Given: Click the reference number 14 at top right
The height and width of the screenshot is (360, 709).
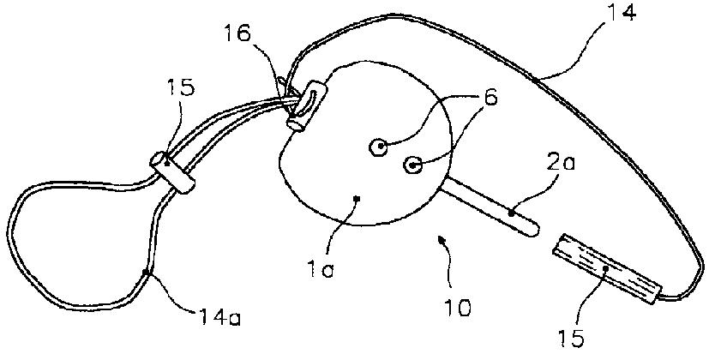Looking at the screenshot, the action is pos(621,14).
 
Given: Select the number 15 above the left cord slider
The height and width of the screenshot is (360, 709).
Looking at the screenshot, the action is pos(180,87).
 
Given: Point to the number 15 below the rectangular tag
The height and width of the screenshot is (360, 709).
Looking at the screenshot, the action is pos(571,338).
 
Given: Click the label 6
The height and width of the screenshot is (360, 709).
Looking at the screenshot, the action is pos(490,97).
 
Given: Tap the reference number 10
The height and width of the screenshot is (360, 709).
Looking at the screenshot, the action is pos(457,308).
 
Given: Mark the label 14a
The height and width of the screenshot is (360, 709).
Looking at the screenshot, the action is pos(219,316).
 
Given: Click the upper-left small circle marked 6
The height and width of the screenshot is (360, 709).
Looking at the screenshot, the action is pos(378,147).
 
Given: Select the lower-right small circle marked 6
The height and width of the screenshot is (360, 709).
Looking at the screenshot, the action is pos(412,165).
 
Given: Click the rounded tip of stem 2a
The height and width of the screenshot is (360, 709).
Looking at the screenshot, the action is pos(534,229).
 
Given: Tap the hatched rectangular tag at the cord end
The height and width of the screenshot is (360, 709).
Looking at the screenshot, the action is pos(607,268).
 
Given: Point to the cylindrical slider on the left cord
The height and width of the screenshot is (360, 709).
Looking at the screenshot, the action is pos(173,173).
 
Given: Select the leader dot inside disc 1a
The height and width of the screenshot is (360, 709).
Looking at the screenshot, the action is pos(357,198).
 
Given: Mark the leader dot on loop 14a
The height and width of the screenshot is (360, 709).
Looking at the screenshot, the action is pos(146,273).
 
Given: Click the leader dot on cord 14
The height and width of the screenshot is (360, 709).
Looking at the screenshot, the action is pos(534,81).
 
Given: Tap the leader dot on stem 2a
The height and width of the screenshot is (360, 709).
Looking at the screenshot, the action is pos(511,212).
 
